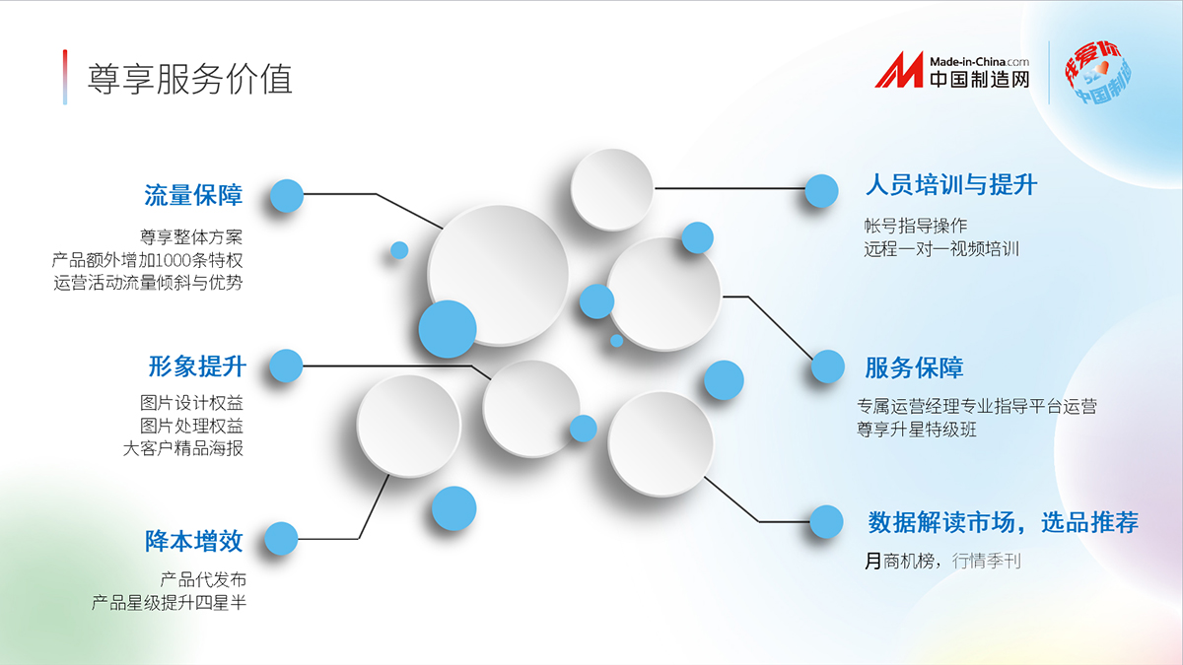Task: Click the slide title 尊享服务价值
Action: (189, 79)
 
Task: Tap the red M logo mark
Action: (899, 70)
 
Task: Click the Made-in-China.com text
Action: (979, 62)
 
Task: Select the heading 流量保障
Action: (193, 195)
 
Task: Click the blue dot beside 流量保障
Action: (287, 196)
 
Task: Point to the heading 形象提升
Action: (197, 366)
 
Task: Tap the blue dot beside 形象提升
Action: (286, 366)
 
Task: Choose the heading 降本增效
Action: (194, 541)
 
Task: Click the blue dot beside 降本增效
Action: (281, 539)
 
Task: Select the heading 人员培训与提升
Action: (951, 185)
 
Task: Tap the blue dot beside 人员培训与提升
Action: (822, 190)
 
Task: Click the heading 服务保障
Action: (914, 367)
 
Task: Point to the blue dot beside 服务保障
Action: (828, 366)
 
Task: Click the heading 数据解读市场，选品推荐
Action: (1004, 522)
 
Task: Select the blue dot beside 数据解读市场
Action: (826, 522)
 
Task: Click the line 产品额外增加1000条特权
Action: (147, 260)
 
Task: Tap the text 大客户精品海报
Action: (182, 448)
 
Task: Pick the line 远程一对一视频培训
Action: (941, 248)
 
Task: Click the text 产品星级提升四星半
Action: (169, 602)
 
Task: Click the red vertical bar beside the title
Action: (65, 77)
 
